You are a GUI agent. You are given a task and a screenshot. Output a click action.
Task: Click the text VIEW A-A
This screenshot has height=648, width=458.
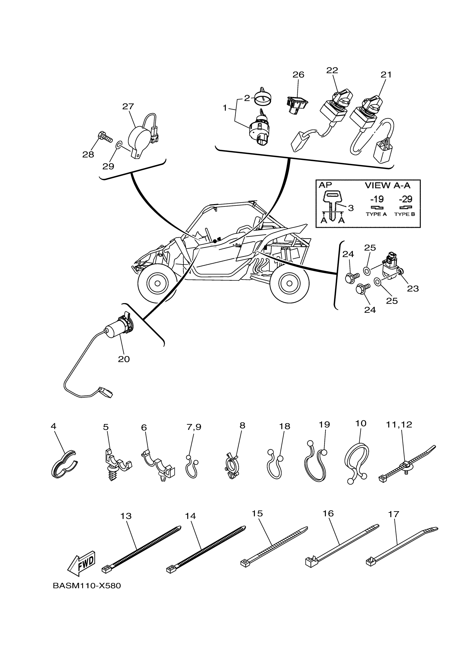click(387, 185)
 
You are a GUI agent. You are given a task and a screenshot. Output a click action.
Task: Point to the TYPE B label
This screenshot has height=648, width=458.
click(404, 214)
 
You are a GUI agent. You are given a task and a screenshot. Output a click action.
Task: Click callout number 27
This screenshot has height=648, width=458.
click(128, 106)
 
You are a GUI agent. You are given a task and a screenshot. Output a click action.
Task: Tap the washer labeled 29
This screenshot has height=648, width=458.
click(119, 145)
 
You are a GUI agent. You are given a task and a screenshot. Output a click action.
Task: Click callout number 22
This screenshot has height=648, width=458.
click(332, 70)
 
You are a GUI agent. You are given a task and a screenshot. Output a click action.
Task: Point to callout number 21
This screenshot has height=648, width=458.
click(386, 75)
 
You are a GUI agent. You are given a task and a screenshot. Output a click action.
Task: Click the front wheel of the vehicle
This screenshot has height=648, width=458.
click(157, 283)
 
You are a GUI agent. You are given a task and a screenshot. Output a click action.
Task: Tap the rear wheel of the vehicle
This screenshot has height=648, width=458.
click(289, 283)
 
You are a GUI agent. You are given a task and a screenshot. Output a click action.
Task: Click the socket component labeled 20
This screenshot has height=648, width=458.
click(120, 327)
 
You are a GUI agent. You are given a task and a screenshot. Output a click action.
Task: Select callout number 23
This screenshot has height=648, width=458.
click(412, 288)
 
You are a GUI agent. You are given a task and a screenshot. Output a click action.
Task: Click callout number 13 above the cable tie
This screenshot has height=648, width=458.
click(126, 516)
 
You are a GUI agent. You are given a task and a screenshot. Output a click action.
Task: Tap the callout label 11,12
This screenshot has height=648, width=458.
click(399, 432)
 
